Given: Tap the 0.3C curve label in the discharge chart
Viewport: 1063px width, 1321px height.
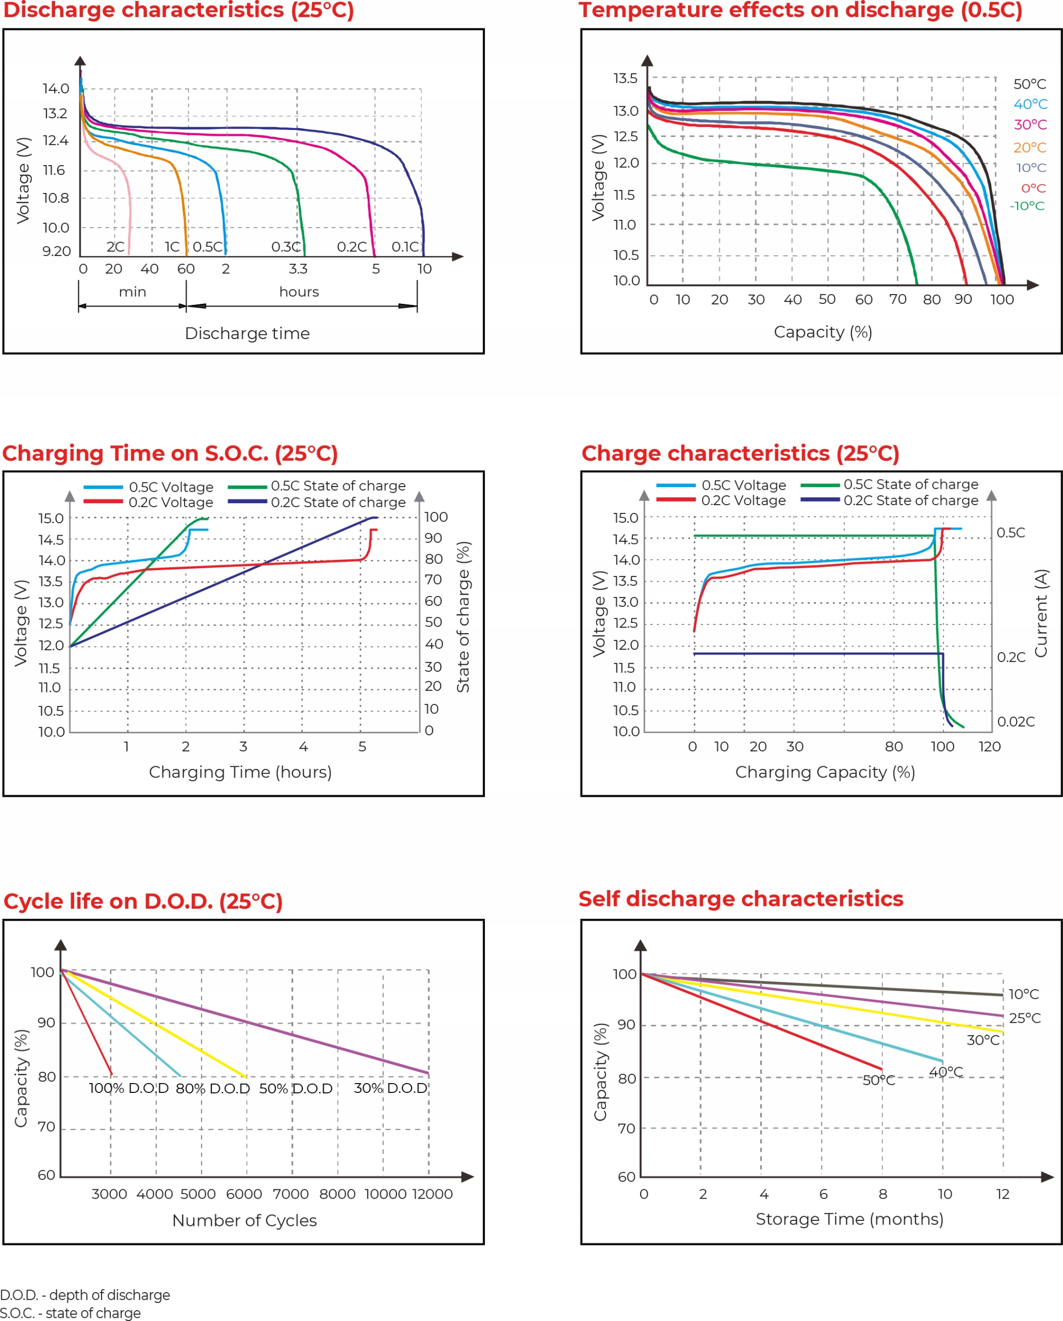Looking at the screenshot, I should pos(286,247).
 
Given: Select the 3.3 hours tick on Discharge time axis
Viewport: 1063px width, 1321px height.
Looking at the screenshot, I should pos(298,269).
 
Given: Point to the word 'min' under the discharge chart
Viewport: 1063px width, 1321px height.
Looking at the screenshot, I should pos(132,292).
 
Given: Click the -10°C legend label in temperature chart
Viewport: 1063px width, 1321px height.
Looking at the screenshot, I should pos(1027,206).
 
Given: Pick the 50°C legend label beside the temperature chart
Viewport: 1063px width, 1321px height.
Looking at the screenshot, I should pos(1029,84).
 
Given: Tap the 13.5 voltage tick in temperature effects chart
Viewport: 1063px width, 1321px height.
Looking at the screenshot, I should pos(625,78).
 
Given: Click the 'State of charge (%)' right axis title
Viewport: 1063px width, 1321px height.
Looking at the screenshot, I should pos(463,617).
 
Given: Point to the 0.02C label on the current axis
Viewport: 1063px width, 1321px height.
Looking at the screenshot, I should pos(1016,722).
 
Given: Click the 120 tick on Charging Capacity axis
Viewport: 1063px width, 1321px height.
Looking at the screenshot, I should pos(990,746).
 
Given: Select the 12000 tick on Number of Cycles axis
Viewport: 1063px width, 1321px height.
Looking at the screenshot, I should pos(432,1194).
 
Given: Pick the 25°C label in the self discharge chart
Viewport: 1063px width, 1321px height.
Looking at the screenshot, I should pos(1024,1018).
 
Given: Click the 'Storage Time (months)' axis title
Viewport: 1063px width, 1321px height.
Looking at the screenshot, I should pos(849,1219).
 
